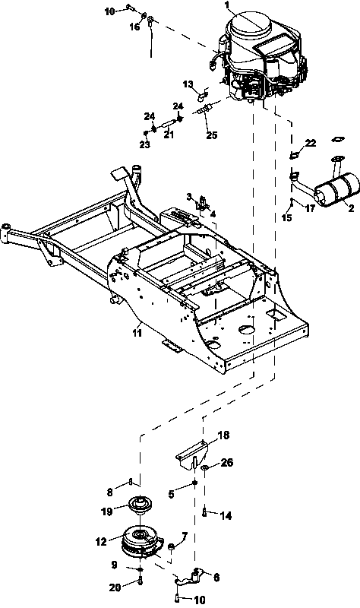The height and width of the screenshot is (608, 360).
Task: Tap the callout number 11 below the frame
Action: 137,333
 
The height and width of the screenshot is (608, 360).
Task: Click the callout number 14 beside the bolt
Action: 226,515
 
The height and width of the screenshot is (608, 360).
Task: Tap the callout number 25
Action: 212,135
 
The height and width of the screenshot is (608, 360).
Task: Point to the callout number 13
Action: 188,84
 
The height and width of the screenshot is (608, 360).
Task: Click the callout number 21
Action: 168,135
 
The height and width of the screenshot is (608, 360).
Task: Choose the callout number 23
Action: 145,144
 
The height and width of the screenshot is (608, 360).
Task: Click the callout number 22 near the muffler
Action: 311,143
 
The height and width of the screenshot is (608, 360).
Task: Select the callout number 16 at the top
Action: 135,27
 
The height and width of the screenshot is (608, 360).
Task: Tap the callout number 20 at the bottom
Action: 115,587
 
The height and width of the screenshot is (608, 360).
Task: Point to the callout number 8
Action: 109,492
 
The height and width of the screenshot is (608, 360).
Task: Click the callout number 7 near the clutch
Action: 185,537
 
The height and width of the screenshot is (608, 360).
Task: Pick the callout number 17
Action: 310,208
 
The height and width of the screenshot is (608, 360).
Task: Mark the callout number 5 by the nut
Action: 172,495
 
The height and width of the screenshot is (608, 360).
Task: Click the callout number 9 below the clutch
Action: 114,565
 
